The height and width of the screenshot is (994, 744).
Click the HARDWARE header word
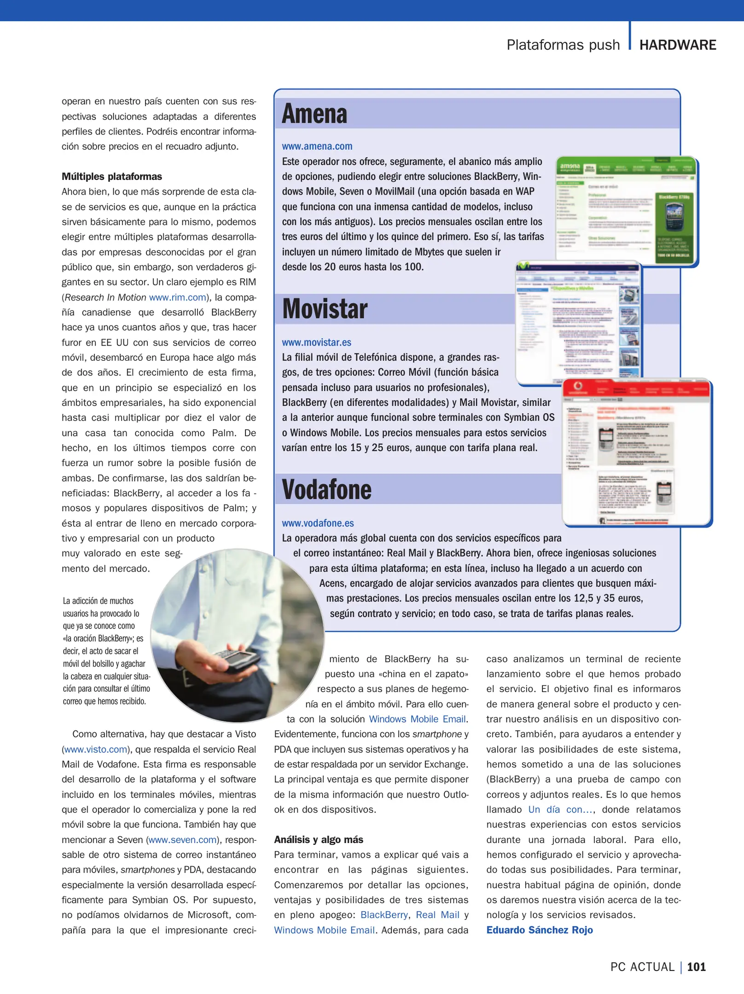pos(677,45)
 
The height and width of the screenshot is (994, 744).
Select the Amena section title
pos(314,114)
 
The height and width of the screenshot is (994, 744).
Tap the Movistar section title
pos(325,309)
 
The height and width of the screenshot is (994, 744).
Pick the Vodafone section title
pos(326,490)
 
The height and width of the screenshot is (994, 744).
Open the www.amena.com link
pos(317,146)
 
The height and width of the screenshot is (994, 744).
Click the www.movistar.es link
pos(316,342)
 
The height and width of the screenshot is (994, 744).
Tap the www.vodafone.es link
pos(318,523)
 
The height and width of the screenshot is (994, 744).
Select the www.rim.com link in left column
pos(177,297)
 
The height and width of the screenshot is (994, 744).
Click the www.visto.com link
pos(95,749)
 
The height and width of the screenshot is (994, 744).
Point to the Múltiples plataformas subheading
pos(112,177)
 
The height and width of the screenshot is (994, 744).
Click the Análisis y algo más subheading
pos(318,839)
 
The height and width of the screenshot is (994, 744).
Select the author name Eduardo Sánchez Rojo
pos(539,930)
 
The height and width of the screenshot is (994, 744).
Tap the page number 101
pos(696,967)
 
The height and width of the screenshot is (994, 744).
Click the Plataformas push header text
pos(563,45)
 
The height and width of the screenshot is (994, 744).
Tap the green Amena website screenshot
pos(626,211)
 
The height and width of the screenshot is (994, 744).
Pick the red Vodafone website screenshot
pos(636,452)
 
